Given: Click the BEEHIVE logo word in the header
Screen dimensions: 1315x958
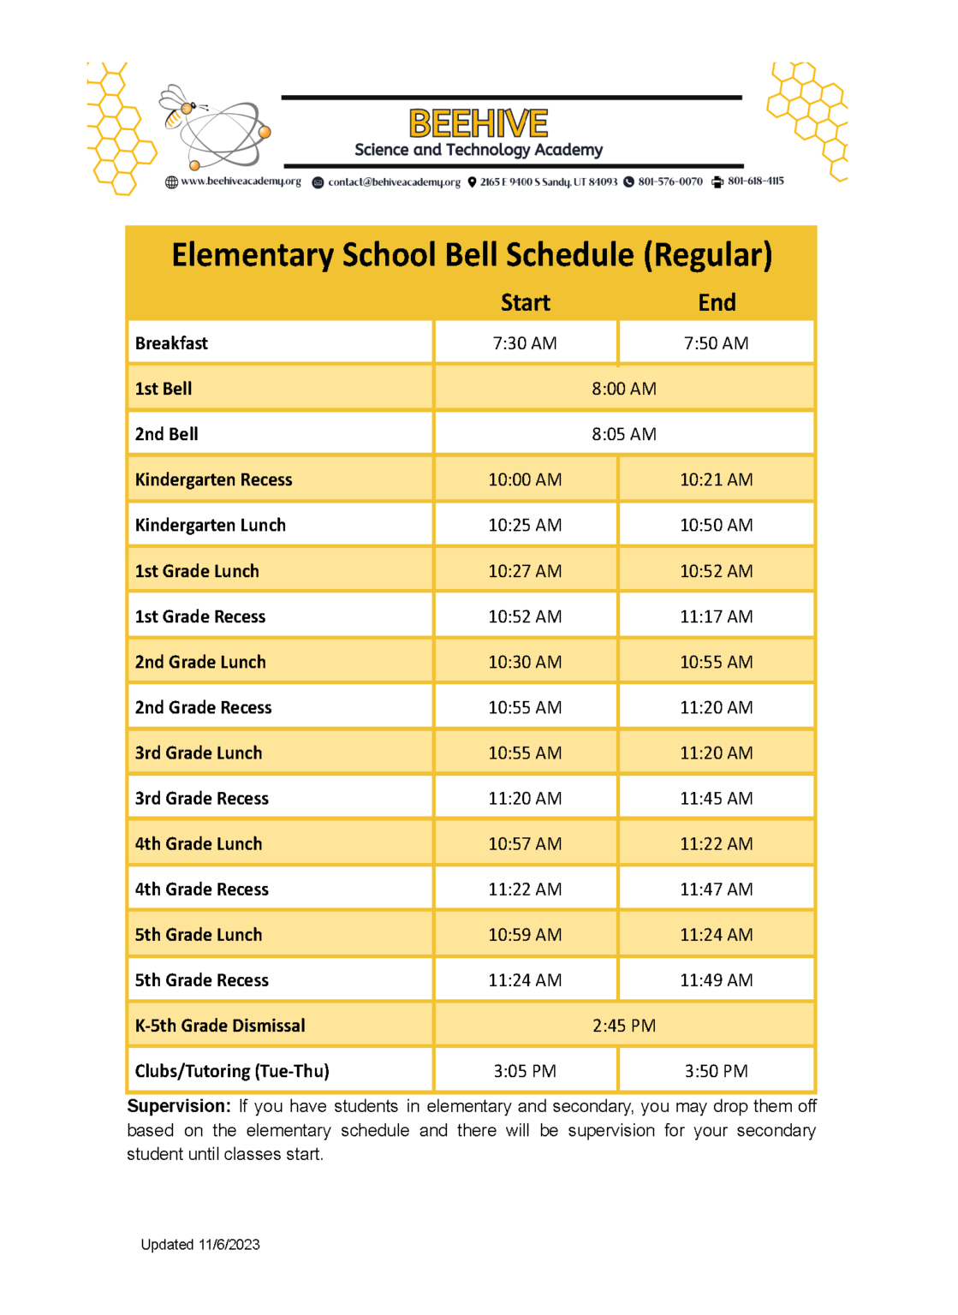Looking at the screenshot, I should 478,123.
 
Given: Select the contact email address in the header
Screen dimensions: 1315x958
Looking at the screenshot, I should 394,182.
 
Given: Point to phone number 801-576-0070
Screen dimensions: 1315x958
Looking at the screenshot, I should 669,181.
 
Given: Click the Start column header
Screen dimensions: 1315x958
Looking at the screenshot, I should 525,303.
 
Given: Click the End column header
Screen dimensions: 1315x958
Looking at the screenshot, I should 717,303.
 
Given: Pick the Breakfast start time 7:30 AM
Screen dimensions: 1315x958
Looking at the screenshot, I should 525,343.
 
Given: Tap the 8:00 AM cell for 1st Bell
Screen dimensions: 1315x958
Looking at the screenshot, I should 623,389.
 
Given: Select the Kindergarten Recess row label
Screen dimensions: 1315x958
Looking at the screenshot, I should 214,480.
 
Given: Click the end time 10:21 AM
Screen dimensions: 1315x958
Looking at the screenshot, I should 716,480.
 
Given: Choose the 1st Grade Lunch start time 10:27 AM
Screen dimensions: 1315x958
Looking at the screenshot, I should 525,571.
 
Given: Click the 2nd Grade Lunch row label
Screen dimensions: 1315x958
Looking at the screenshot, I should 200,663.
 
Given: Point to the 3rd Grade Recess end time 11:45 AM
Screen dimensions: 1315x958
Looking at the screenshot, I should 716,799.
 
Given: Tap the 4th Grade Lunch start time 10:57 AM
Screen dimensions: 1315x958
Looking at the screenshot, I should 525,844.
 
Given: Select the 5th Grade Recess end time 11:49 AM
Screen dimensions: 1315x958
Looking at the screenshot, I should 716,980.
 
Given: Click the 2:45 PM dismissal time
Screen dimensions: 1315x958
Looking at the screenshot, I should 623,1026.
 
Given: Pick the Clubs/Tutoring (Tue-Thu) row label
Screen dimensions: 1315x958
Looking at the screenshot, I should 232,1072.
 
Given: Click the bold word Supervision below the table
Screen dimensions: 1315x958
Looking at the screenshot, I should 178,1106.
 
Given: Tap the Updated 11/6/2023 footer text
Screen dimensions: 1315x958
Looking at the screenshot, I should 200,1245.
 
